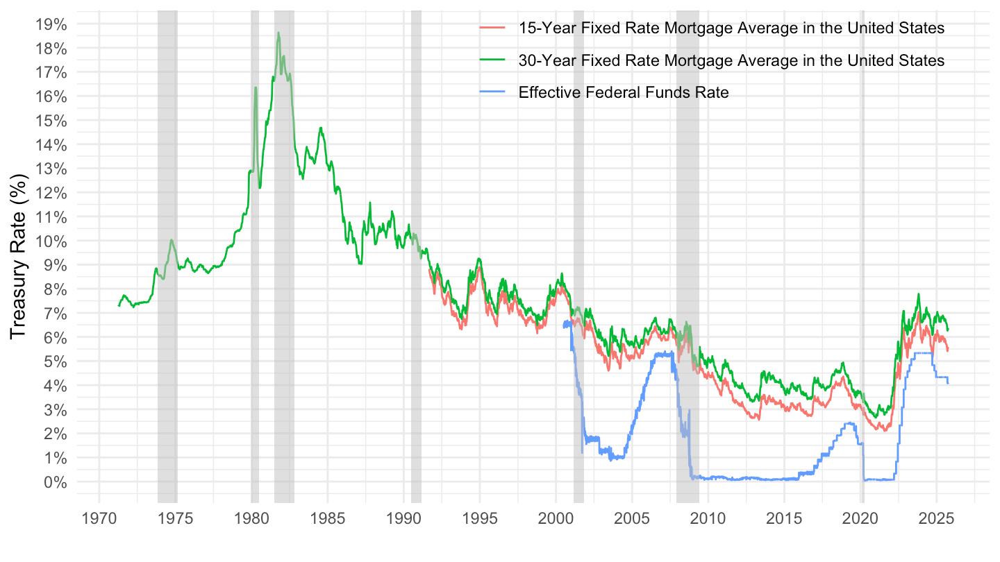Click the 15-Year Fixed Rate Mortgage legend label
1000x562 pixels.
click(731, 28)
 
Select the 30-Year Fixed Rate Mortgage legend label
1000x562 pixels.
click(731, 60)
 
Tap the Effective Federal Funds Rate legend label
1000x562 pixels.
click(624, 92)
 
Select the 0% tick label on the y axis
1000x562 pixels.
click(55, 482)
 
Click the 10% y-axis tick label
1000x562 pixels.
click(51, 241)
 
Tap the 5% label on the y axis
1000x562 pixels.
click(55, 361)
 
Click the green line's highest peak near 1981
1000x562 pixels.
click(278, 33)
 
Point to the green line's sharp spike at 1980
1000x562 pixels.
click(256, 87)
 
